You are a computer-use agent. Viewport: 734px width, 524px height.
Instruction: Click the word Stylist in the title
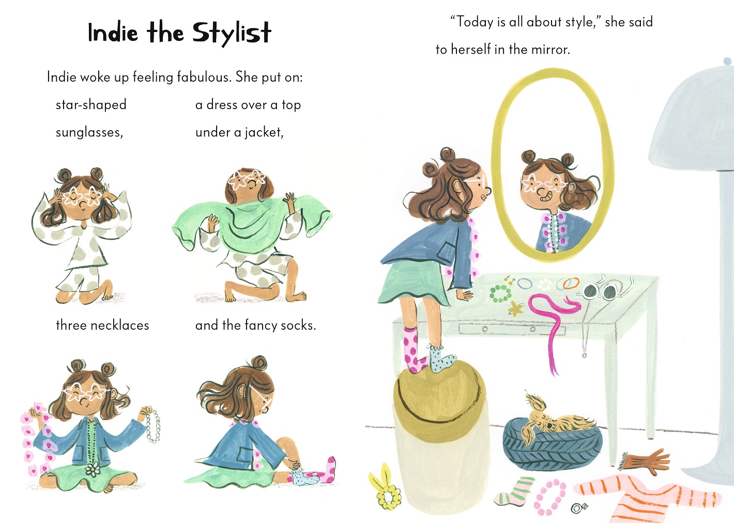coord(232,33)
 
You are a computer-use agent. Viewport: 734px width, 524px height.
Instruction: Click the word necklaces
coord(119,326)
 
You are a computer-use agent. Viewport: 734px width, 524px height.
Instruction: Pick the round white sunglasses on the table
coord(600,291)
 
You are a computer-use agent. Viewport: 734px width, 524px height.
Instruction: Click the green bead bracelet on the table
coord(500,294)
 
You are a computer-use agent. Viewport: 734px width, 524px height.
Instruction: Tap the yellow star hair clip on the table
coord(515,309)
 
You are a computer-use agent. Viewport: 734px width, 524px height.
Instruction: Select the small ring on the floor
coord(578,508)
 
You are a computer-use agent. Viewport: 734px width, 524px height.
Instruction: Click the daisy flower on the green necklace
coord(93,469)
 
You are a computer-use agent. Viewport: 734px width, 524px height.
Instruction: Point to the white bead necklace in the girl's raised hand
coord(152,425)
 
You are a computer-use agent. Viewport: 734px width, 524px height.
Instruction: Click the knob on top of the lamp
coord(727,61)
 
